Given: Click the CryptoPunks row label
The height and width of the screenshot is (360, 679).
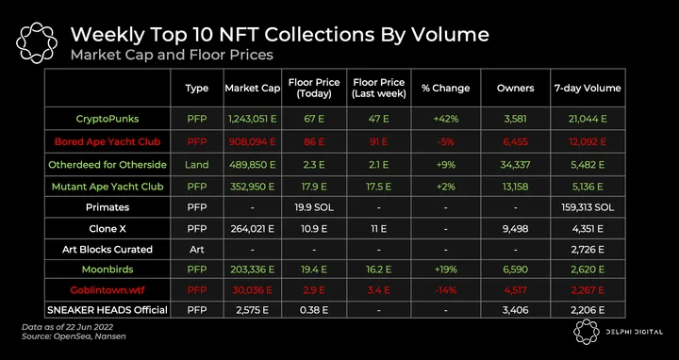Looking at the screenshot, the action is (108, 119).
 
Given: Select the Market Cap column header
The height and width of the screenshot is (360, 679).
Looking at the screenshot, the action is (253, 89).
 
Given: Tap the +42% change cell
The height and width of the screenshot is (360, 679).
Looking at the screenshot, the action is (445, 119).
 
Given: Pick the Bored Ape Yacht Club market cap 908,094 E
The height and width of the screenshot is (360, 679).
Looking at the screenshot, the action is (253, 141).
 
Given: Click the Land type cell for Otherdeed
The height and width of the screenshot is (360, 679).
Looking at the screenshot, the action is (196, 165).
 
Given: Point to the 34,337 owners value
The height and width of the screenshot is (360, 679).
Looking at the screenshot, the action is (515, 165).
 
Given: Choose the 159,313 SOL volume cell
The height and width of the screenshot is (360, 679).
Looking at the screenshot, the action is (588, 207).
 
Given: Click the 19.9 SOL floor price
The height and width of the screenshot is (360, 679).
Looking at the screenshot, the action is (314, 207).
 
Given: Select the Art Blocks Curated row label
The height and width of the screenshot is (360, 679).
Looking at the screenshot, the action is (108, 249).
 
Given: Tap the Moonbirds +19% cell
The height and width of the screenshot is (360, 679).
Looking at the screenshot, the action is (445, 270).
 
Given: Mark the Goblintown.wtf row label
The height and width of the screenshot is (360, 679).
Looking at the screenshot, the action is (108, 290).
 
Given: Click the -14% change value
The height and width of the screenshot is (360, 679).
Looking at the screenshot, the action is (445, 290).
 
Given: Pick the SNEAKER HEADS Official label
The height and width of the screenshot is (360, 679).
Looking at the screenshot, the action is (108, 310).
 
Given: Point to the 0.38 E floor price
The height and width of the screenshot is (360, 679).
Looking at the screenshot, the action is (314, 310).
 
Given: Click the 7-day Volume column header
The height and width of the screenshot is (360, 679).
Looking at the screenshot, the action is (588, 89).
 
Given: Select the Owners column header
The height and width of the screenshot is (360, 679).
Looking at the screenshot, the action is (515, 89).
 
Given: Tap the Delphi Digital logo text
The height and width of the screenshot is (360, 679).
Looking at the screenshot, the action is (634, 332).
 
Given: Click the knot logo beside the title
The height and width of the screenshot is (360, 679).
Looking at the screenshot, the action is (37, 43).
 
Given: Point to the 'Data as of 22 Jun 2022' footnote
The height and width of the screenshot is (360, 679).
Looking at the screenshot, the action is (68, 327).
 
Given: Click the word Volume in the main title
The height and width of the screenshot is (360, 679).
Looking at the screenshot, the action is (451, 35).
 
